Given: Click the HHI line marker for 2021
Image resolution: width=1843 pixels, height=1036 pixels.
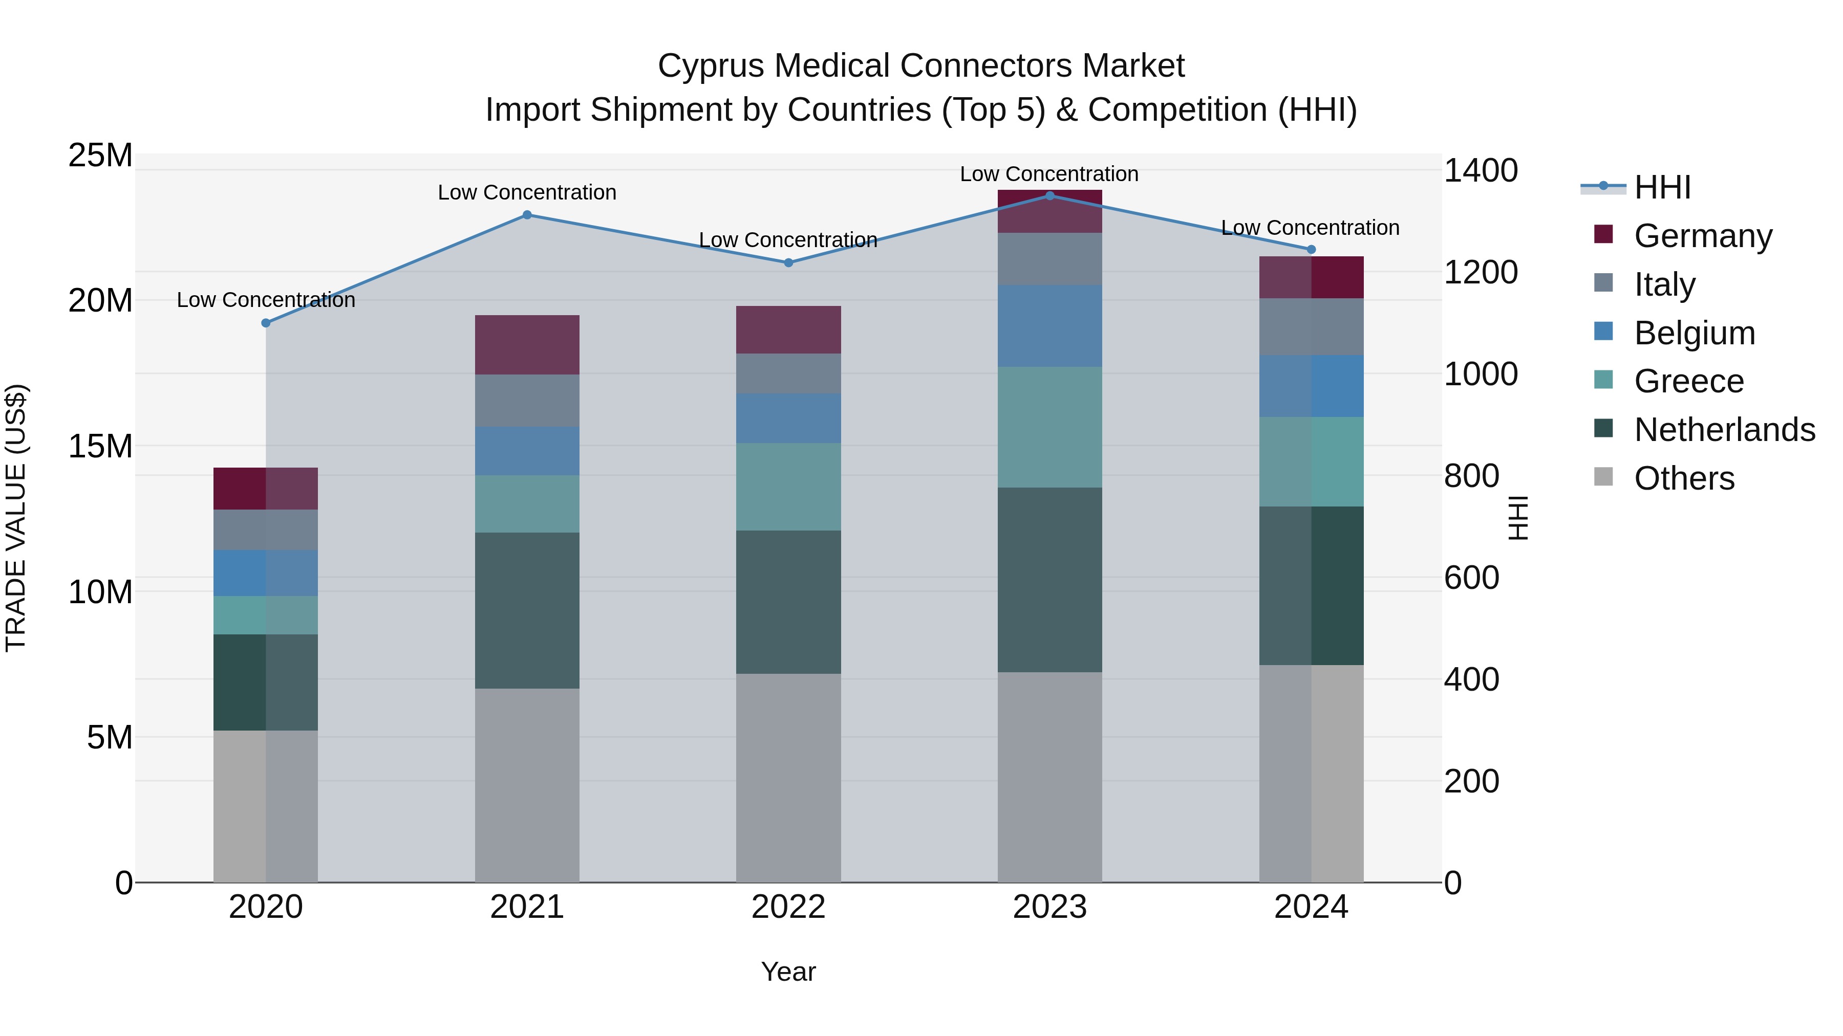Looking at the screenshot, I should pyautogui.click(x=527, y=214).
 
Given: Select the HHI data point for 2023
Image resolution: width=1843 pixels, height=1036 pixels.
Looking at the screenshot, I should pyautogui.click(x=1049, y=195).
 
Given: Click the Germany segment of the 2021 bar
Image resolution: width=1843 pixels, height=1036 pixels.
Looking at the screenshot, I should pyautogui.click(x=527, y=345).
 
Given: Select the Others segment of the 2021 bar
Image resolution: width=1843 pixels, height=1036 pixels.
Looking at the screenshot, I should pyautogui.click(x=527, y=784).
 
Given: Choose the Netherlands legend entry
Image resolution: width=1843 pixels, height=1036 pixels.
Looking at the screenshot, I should pyautogui.click(x=1724, y=430).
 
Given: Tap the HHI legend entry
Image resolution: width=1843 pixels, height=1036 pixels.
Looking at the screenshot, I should pyautogui.click(x=1662, y=187).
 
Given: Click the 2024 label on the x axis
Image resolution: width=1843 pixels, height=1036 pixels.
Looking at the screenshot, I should pyautogui.click(x=1311, y=907).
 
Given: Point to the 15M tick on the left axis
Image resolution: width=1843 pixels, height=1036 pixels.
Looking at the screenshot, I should pyautogui.click(x=100, y=446).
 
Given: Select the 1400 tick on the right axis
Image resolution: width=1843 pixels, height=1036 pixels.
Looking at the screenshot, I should pyautogui.click(x=1480, y=171).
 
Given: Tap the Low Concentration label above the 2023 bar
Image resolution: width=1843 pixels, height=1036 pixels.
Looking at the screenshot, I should pyautogui.click(x=1049, y=174).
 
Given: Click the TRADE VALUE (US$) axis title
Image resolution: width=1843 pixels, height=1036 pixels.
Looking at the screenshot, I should pyautogui.click(x=16, y=518).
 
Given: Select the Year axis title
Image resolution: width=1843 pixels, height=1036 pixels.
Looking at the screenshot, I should pyautogui.click(x=788, y=972).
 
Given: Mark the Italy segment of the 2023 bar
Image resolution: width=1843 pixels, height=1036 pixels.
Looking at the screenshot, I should pyautogui.click(x=1049, y=259).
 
